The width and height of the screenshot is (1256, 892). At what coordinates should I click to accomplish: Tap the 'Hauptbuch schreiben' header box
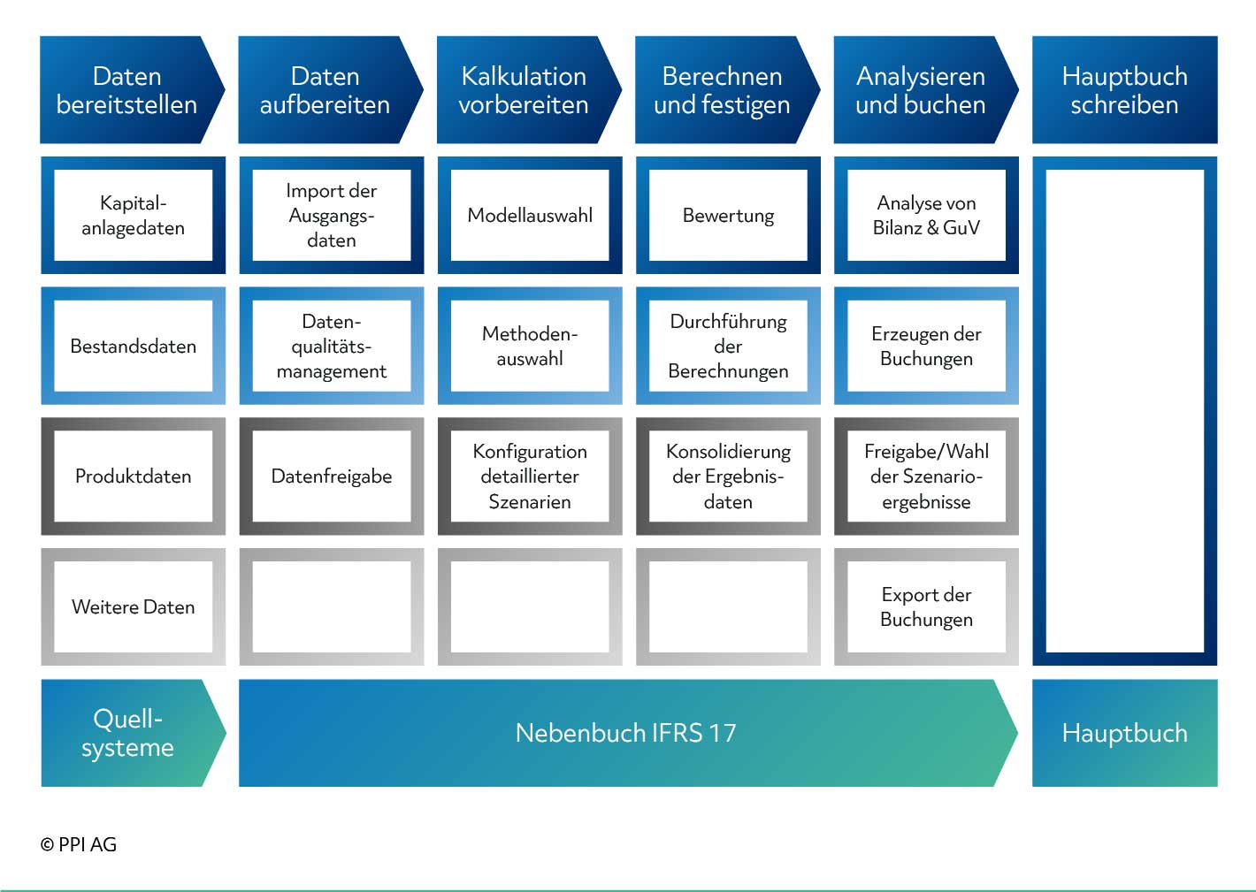tap(1125, 89)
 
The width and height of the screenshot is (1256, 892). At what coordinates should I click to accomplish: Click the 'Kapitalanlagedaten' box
tap(134, 215)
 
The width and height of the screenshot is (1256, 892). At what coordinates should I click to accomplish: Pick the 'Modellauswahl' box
tap(530, 215)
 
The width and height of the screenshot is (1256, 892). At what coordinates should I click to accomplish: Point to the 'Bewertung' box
tap(728, 215)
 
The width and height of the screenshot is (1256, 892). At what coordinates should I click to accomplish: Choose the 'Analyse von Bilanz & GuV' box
tap(926, 215)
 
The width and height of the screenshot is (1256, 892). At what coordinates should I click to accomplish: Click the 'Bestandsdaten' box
tap(134, 346)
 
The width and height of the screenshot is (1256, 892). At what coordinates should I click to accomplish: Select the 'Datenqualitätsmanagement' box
tap(332, 346)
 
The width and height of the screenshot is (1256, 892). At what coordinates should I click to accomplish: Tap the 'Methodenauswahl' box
tap(530, 346)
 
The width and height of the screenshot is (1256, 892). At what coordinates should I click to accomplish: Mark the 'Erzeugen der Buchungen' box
tap(926, 346)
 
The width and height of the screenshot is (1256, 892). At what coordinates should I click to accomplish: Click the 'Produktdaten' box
tap(134, 476)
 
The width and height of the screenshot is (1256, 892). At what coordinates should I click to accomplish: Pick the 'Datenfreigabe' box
tap(332, 476)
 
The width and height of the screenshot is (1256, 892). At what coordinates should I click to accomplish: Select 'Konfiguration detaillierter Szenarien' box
tap(530, 476)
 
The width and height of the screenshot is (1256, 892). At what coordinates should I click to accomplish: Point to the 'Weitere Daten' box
tap(134, 606)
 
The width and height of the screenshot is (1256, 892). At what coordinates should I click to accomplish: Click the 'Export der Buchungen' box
tap(926, 606)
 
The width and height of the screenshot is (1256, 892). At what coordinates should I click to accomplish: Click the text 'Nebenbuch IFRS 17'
tap(625, 733)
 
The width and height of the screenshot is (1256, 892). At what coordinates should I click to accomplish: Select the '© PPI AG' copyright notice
tap(79, 844)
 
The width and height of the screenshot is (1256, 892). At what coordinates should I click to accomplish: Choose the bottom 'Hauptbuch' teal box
tap(1125, 733)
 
